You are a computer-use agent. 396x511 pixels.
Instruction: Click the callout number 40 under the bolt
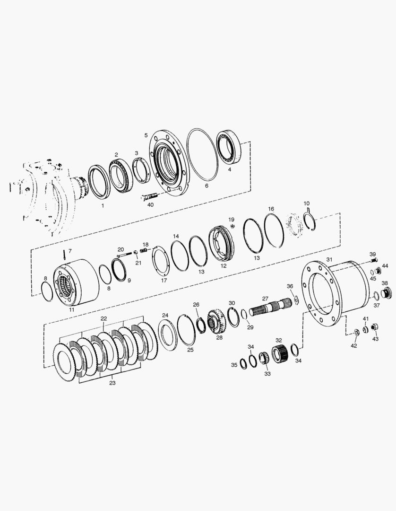tap(150, 205)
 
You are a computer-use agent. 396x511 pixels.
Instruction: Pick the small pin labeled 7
tap(65, 254)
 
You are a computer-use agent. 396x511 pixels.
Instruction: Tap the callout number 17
tap(164, 280)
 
